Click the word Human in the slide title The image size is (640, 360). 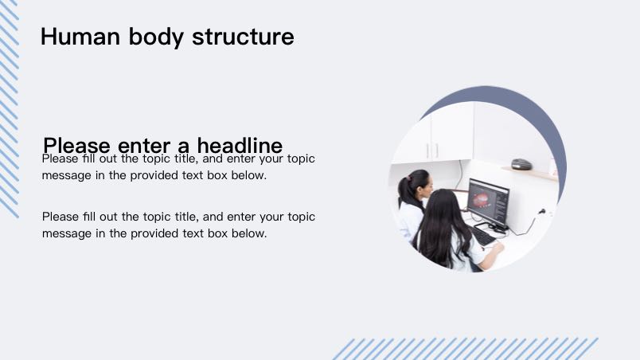point(80,37)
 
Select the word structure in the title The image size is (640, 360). point(243,37)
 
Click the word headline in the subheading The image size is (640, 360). point(240,145)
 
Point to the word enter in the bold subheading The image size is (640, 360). point(143,146)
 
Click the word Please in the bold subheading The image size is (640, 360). point(76,145)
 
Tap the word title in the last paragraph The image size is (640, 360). point(186,217)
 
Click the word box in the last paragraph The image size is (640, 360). point(217,233)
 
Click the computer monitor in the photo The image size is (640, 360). point(488,202)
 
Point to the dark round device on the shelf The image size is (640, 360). point(521,164)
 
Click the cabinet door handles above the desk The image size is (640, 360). point(432,151)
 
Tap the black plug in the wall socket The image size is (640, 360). point(542,211)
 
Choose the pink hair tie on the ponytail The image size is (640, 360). point(409,178)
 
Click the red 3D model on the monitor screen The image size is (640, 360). point(481,200)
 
